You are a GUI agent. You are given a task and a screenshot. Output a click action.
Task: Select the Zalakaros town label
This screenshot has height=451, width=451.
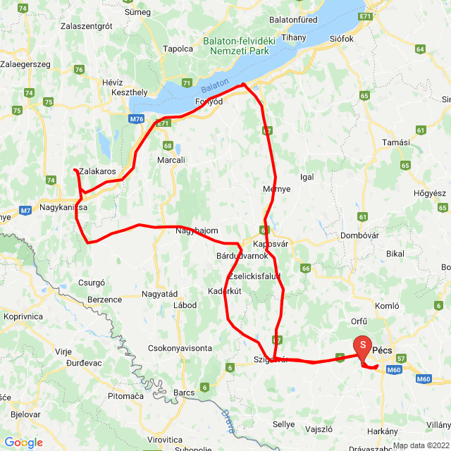click(98, 171)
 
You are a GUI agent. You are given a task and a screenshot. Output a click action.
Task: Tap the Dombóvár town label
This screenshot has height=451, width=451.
click(360, 235)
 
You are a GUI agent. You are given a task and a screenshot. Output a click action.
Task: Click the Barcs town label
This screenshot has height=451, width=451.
click(184, 393)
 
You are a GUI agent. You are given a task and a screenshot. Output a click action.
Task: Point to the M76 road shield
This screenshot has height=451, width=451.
click(137, 120)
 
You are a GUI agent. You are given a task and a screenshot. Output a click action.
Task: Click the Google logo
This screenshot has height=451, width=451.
click(23, 443)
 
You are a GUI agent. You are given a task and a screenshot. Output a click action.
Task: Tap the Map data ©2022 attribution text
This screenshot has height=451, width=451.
click(421, 445)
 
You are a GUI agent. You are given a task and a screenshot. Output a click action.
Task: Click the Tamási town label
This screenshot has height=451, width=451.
click(395, 142)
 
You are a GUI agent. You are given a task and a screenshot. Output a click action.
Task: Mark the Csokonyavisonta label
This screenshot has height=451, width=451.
click(180, 348)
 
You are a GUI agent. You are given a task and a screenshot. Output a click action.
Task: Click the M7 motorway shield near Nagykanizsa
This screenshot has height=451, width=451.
click(25, 210)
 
